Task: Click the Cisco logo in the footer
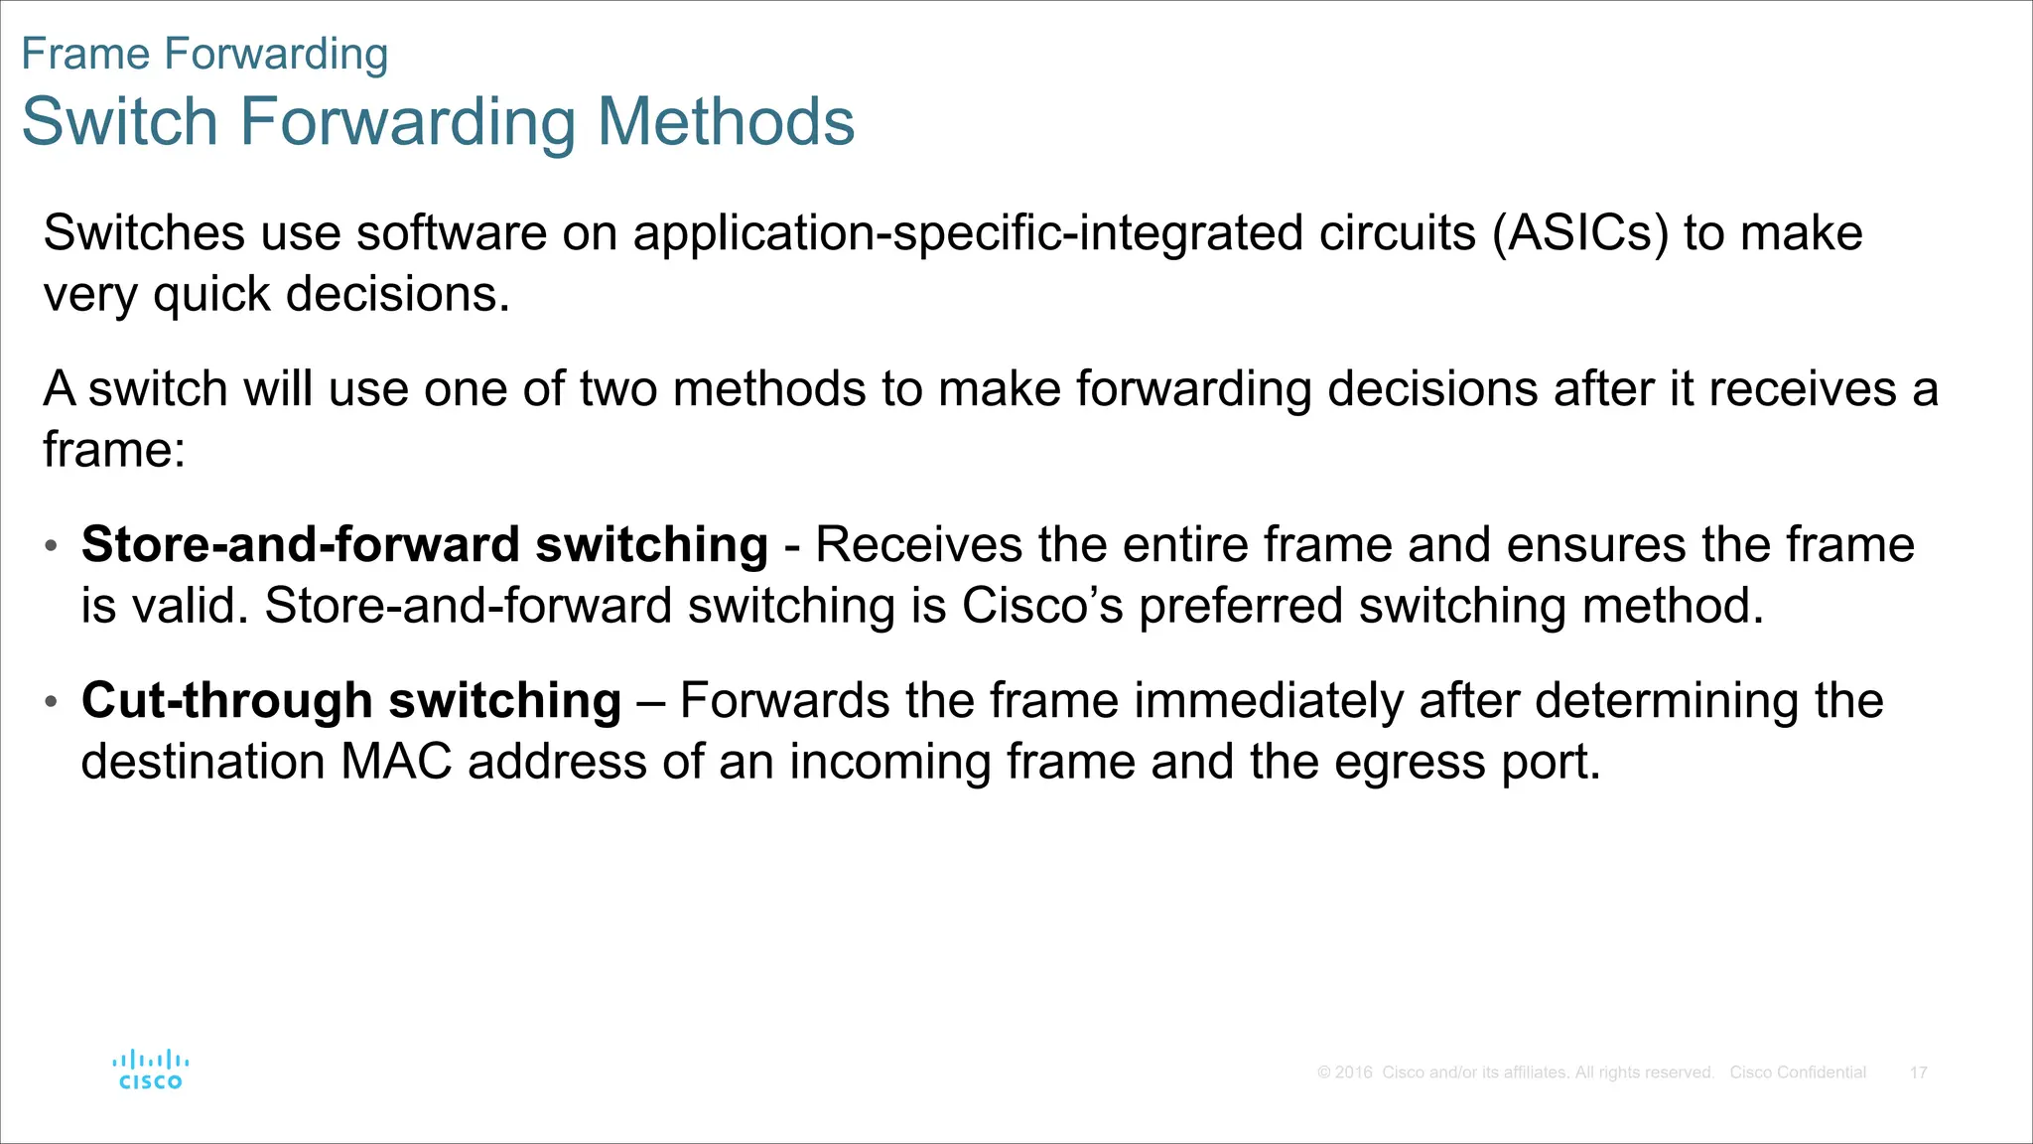150,1071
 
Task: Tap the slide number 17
1918,1072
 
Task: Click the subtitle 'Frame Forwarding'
204,54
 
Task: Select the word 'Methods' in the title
726,122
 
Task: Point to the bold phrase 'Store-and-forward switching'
425,545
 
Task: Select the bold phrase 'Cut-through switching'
351,701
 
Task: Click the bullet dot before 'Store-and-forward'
52,546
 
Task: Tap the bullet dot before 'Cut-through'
52,702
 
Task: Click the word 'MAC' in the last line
396,763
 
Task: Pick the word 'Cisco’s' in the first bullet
1041,606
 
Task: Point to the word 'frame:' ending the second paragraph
114,450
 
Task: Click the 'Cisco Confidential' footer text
1798,1072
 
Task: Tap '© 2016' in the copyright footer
1345,1072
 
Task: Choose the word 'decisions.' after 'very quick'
398,295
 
